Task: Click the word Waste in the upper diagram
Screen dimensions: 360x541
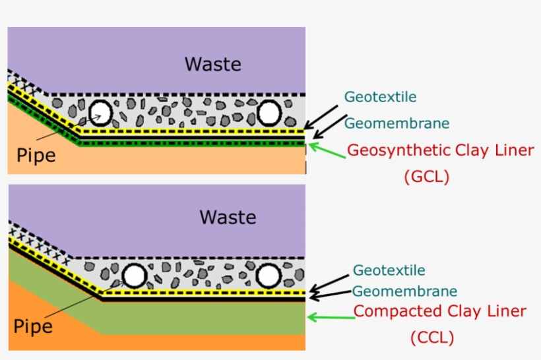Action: (212, 65)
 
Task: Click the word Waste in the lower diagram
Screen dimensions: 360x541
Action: (228, 217)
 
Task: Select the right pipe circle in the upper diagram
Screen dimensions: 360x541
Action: (269, 113)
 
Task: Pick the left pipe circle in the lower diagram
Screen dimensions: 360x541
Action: (134, 275)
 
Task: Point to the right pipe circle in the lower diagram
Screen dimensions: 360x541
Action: (269, 276)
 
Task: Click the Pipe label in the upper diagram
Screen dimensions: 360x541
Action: (36, 156)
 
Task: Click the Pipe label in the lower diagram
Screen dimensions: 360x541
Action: (33, 326)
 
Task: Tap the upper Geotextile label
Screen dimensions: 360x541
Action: (380, 97)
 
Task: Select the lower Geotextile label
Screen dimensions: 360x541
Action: (389, 270)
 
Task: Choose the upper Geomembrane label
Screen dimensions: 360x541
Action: (397, 123)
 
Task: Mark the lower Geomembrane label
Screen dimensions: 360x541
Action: (404, 291)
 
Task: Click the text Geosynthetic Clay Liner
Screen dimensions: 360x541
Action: (440, 150)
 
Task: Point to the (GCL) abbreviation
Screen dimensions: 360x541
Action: (426, 177)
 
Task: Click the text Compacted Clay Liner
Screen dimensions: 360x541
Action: (440, 311)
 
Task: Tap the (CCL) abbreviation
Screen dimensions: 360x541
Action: (432, 338)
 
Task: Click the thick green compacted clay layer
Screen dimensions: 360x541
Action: (198, 316)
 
